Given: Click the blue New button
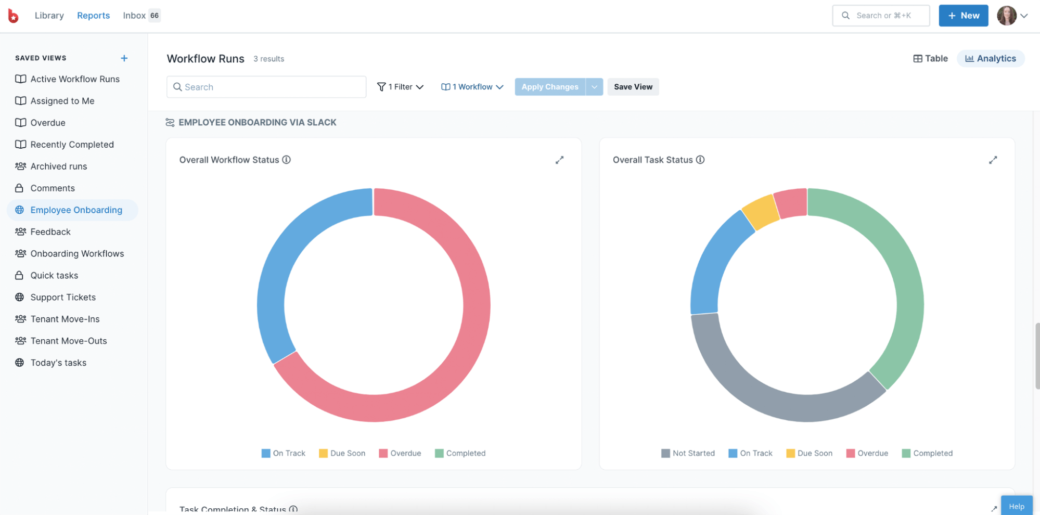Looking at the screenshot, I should (x=963, y=16).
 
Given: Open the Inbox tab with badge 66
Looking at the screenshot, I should (x=141, y=16).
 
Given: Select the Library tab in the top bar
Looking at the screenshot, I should (x=49, y=16).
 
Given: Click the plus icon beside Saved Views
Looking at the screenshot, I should (x=124, y=58).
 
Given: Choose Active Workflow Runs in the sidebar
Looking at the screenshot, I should (x=74, y=79).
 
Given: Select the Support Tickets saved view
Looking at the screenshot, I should (x=62, y=297).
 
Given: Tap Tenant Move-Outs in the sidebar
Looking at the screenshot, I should (x=68, y=341).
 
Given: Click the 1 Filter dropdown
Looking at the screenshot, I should (x=400, y=87).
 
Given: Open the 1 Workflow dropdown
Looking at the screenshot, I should (x=472, y=87).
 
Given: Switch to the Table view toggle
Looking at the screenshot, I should (x=930, y=58).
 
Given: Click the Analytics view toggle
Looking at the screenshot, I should (x=990, y=58).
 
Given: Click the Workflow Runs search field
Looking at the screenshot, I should (x=266, y=87).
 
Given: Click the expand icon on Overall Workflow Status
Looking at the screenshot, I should (x=559, y=160).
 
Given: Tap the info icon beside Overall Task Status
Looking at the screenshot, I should (x=700, y=160).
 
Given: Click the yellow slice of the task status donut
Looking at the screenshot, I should (x=760, y=212).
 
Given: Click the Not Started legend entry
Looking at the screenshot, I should (x=688, y=453).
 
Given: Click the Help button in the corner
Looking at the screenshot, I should (x=1016, y=506).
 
